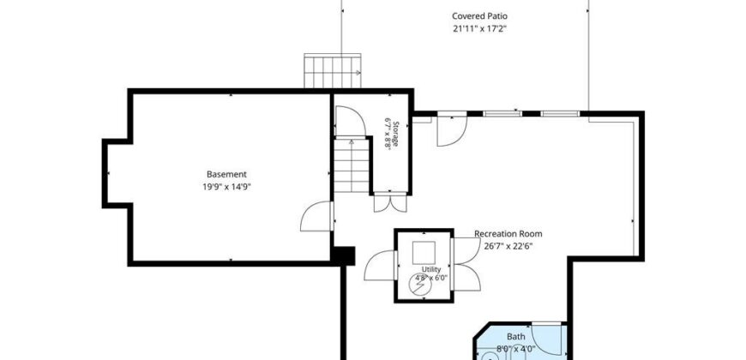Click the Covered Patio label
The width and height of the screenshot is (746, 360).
click(x=479, y=16)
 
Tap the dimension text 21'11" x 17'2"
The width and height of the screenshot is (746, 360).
click(x=479, y=28)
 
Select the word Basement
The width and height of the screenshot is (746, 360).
click(x=226, y=175)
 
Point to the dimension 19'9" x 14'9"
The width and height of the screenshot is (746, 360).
click(x=226, y=187)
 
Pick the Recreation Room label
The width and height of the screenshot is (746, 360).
click(x=508, y=234)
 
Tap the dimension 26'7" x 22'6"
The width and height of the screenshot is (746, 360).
click(x=508, y=246)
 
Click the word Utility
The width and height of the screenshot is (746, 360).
click(x=431, y=269)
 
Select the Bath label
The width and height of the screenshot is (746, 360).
click(x=515, y=337)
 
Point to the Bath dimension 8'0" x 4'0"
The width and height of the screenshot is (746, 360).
click(x=515, y=349)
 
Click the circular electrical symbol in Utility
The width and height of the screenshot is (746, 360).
click(x=420, y=285)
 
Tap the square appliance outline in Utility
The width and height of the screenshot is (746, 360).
click(x=424, y=253)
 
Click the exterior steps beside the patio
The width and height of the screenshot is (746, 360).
click(x=332, y=71)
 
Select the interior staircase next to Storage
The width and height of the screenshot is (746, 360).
click(x=352, y=165)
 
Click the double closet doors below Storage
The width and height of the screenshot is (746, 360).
click(x=391, y=203)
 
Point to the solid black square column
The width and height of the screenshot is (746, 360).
click(x=343, y=255)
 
